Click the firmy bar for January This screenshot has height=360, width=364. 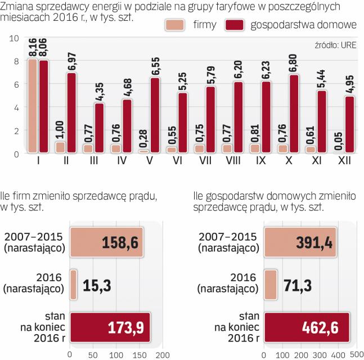point(33,106)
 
